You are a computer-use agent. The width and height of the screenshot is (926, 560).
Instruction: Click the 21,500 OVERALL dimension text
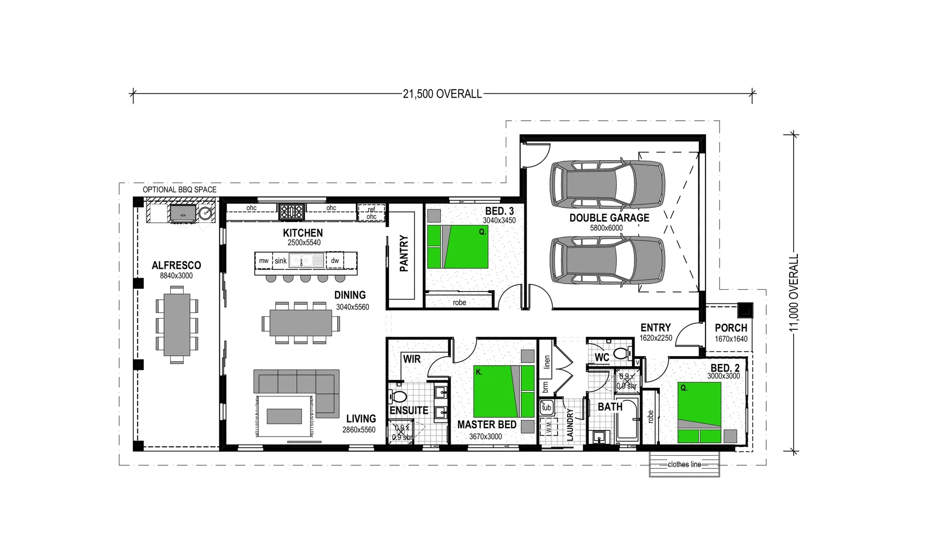(x=442, y=94)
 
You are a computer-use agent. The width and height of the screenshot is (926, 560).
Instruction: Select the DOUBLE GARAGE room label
(x=609, y=218)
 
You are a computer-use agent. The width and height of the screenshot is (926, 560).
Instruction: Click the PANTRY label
(x=404, y=254)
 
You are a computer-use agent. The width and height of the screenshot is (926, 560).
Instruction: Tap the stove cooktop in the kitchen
(x=292, y=211)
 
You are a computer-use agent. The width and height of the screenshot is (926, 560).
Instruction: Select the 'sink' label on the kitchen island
(x=281, y=261)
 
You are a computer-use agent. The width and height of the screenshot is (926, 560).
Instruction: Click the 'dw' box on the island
(x=335, y=261)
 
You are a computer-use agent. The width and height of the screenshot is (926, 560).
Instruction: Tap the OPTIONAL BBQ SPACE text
(x=179, y=190)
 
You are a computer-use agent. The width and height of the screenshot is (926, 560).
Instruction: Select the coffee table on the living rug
(x=284, y=416)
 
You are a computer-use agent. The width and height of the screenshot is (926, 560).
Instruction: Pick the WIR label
(x=411, y=359)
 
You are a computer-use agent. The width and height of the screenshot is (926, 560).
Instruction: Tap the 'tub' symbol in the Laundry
(x=547, y=408)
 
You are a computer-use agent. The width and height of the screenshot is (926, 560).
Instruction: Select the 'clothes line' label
(x=684, y=465)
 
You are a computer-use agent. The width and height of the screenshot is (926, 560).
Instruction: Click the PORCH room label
(x=730, y=328)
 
